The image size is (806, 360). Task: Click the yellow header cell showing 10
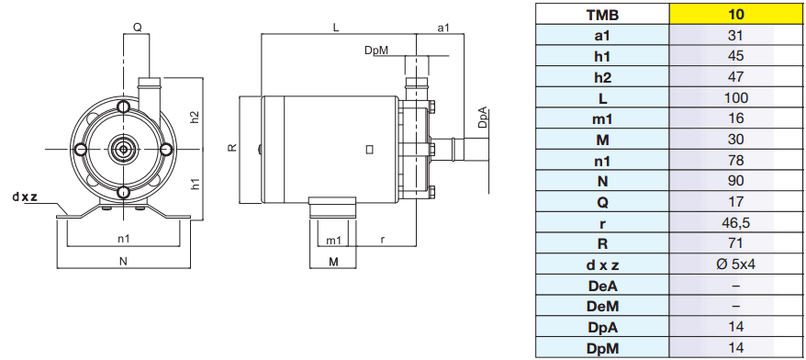(736, 14)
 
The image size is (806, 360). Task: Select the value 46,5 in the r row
(736, 222)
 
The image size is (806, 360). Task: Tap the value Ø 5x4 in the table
(736, 264)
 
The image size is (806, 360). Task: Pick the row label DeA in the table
(602, 286)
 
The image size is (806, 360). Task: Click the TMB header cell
(602, 15)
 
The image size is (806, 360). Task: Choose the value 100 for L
(736, 97)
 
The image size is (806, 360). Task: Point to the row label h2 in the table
(602, 77)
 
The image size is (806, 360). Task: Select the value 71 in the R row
(736, 243)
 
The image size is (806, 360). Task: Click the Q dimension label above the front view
(138, 28)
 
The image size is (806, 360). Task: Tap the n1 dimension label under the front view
(124, 239)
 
